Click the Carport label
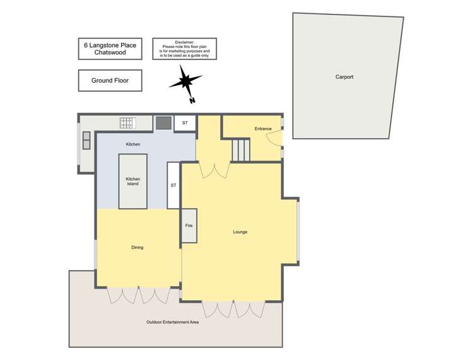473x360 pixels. [x=344, y=77]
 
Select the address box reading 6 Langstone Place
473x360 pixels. [x=110, y=49]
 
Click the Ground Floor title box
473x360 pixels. [x=110, y=81]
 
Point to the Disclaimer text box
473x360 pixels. [x=184, y=49]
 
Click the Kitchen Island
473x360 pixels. [x=132, y=181]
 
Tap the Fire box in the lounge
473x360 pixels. [x=189, y=225]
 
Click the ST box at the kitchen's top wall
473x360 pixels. [x=185, y=123]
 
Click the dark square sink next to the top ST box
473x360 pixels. [x=163, y=122]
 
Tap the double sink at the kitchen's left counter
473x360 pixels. [x=85, y=139]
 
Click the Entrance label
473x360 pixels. [x=263, y=129]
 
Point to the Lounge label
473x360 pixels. [x=240, y=232]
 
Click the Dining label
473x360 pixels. [x=137, y=247]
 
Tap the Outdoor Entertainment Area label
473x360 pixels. [x=172, y=322]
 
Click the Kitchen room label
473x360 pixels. [x=132, y=144]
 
